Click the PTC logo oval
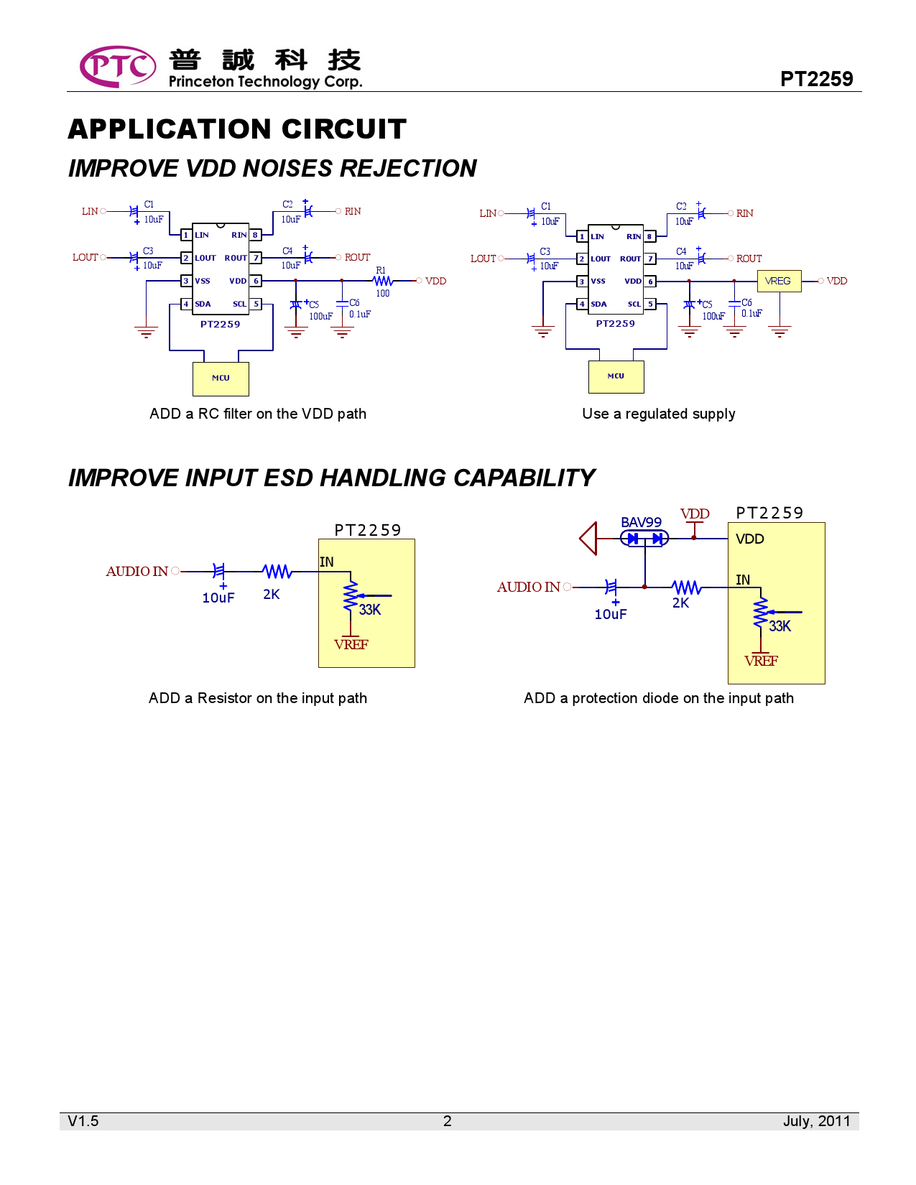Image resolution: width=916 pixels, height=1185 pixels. [x=117, y=67]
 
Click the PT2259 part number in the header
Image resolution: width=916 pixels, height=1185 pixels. [x=816, y=79]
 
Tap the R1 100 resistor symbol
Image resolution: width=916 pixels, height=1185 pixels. [x=383, y=281]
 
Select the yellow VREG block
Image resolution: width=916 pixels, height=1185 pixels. [x=779, y=281]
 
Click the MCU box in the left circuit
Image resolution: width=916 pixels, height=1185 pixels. [x=221, y=378]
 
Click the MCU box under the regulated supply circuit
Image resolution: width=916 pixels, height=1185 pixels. [x=616, y=376]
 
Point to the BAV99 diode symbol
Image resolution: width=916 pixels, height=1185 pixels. [x=644, y=538]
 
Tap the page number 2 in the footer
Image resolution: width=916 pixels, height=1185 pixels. [x=447, y=1121]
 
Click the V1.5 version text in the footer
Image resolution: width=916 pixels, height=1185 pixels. [x=83, y=1121]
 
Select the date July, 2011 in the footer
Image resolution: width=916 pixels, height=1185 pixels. [x=816, y=1121]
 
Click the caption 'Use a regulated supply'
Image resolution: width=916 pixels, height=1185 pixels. [x=658, y=414]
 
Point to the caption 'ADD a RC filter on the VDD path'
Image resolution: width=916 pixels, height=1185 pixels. [x=258, y=414]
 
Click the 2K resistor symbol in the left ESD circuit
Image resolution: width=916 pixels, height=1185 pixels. [x=277, y=572]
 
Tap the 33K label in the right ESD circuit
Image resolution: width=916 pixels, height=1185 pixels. [x=779, y=626]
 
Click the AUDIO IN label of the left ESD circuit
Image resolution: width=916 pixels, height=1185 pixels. [x=137, y=572]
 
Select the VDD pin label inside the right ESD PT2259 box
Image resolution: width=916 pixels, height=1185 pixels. [x=749, y=539]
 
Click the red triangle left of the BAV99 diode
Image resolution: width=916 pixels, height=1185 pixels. [x=588, y=538]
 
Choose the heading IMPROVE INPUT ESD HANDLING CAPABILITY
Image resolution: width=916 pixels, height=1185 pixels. [x=331, y=478]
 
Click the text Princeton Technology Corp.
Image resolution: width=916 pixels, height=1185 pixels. [x=265, y=82]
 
